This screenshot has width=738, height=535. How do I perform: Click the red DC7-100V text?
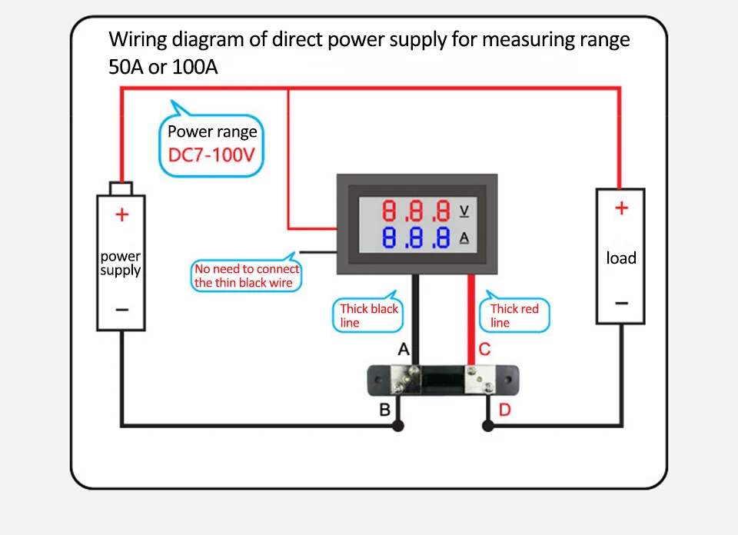pos(211,155)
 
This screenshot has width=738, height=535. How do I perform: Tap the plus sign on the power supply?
pos(121,214)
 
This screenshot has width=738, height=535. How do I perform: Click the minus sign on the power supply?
pos(121,309)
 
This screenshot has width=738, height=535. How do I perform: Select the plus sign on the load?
pos(621,208)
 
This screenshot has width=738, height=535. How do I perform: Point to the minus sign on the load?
pos(621,303)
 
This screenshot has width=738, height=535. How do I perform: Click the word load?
pos(621,258)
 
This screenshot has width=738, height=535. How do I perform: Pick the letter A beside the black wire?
pos(404,350)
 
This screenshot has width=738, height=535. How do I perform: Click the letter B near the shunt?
pos(385,409)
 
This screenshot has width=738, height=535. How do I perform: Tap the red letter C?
pos(484,350)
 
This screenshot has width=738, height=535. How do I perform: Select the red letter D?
pos(504,409)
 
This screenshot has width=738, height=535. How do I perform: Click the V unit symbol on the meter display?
pos(464,210)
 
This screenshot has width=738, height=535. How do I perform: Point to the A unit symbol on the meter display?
pos(464,238)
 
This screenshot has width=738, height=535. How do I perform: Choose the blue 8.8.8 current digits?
pos(416,238)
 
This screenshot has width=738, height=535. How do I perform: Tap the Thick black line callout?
pos(369,315)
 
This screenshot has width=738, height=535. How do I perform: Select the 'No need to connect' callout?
pos(246,276)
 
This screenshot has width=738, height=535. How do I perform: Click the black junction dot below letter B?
pos(398,425)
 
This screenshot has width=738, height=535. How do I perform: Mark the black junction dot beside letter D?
pos(487,425)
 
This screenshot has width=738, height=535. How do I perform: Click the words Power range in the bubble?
pos(212,131)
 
